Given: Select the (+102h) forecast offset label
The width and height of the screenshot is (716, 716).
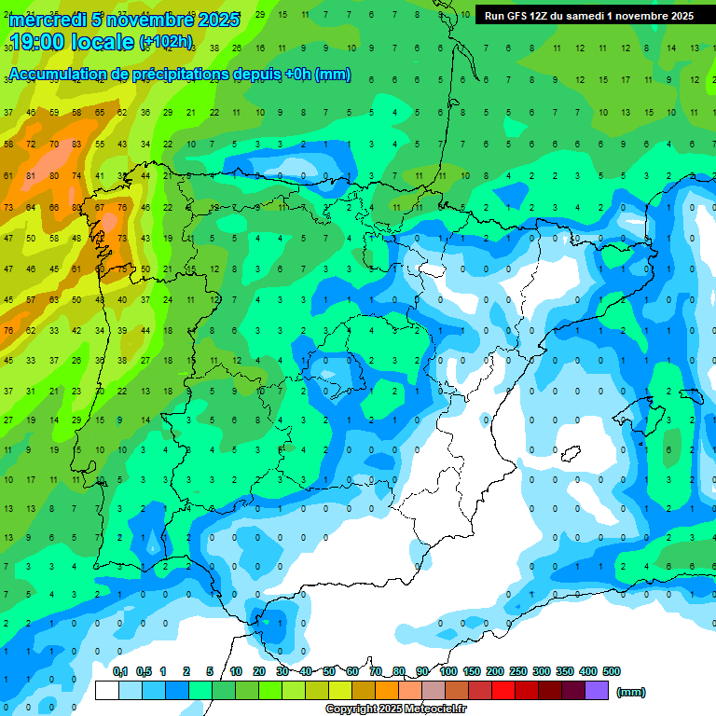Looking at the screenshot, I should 165,42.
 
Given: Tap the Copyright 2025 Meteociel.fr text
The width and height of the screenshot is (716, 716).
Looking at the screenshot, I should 396,709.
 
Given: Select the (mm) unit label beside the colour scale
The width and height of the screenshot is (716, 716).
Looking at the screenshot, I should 631,692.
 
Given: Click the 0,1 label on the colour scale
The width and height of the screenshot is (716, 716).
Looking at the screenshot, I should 120,671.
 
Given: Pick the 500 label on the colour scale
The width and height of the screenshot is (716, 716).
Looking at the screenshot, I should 612,671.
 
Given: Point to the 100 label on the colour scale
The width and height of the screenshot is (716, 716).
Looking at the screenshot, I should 448,671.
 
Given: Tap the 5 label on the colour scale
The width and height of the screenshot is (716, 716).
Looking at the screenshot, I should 211,671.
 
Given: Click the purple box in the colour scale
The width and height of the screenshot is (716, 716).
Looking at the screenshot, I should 598,690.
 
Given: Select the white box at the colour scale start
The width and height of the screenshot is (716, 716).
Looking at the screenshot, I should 106,690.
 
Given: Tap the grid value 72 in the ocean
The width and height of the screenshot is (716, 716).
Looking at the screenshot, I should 32,145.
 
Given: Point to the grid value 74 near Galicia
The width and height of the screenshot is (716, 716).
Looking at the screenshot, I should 76,175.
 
